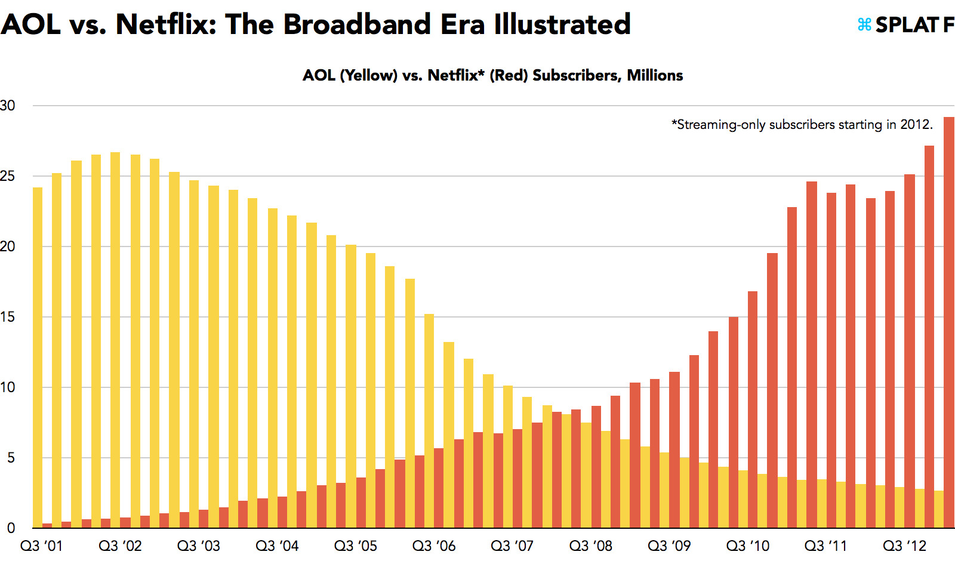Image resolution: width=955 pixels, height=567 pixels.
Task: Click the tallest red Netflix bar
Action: coord(949,322)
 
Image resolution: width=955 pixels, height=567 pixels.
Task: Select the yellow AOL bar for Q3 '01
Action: coord(38,358)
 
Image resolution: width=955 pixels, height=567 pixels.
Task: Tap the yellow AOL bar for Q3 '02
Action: coord(115,340)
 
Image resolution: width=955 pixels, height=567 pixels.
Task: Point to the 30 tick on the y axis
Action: coord(8,106)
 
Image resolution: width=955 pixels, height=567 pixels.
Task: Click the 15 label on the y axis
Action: coord(8,317)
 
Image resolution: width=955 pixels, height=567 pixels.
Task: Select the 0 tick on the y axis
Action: coord(11,528)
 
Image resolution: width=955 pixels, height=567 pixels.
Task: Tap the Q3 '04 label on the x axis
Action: coord(277,546)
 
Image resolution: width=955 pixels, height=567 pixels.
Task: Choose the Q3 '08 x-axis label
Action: coord(591,546)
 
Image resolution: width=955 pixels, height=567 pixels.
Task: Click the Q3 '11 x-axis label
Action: coord(826,546)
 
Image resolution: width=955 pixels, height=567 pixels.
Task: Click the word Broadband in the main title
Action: coord(357,24)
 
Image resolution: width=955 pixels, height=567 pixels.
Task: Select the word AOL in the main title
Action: coord(30,24)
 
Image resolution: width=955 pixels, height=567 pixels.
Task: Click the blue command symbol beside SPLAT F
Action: coord(864,24)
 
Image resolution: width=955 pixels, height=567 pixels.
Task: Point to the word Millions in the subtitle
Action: coord(655,75)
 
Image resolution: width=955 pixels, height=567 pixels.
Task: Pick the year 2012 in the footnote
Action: coord(915,124)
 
